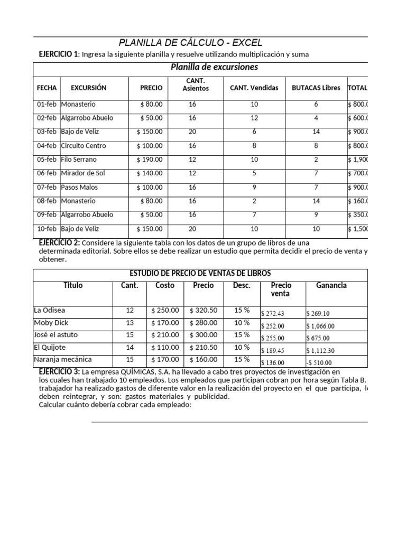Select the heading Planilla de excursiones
[214, 67]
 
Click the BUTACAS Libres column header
[316, 88]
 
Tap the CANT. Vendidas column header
[254, 88]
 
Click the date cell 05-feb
[47, 160]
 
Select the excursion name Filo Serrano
[79, 160]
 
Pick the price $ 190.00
[150, 160]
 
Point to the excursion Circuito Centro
[84, 146]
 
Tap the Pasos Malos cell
[79, 187]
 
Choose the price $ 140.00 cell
[150, 173]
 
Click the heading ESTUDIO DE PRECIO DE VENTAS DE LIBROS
[200, 273]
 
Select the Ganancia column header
[331, 285]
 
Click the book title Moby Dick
[51, 322]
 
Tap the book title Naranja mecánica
[62, 359]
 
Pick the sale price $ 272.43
[273, 314]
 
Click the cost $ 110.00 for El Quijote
[165, 347]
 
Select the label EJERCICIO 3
[59, 372]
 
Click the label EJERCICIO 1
[59, 54]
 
